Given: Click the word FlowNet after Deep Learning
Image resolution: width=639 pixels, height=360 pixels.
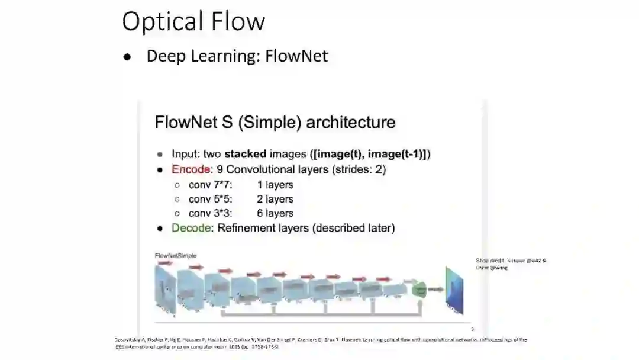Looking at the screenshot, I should coord(296,56).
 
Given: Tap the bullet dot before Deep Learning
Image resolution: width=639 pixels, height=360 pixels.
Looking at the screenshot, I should coord(127,57).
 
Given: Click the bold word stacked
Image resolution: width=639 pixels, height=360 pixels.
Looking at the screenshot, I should coord(245,154).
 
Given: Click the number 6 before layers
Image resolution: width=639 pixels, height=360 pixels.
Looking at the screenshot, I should coord(260,213).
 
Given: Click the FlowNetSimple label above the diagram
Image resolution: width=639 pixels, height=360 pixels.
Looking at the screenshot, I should coord(176,256).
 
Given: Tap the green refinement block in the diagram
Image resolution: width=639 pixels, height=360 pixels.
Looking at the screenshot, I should coord(419,289).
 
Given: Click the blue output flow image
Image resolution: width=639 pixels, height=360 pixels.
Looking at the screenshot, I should coord(455,290).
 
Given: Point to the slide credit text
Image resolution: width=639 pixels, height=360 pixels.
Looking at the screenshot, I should coord(511,263).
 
